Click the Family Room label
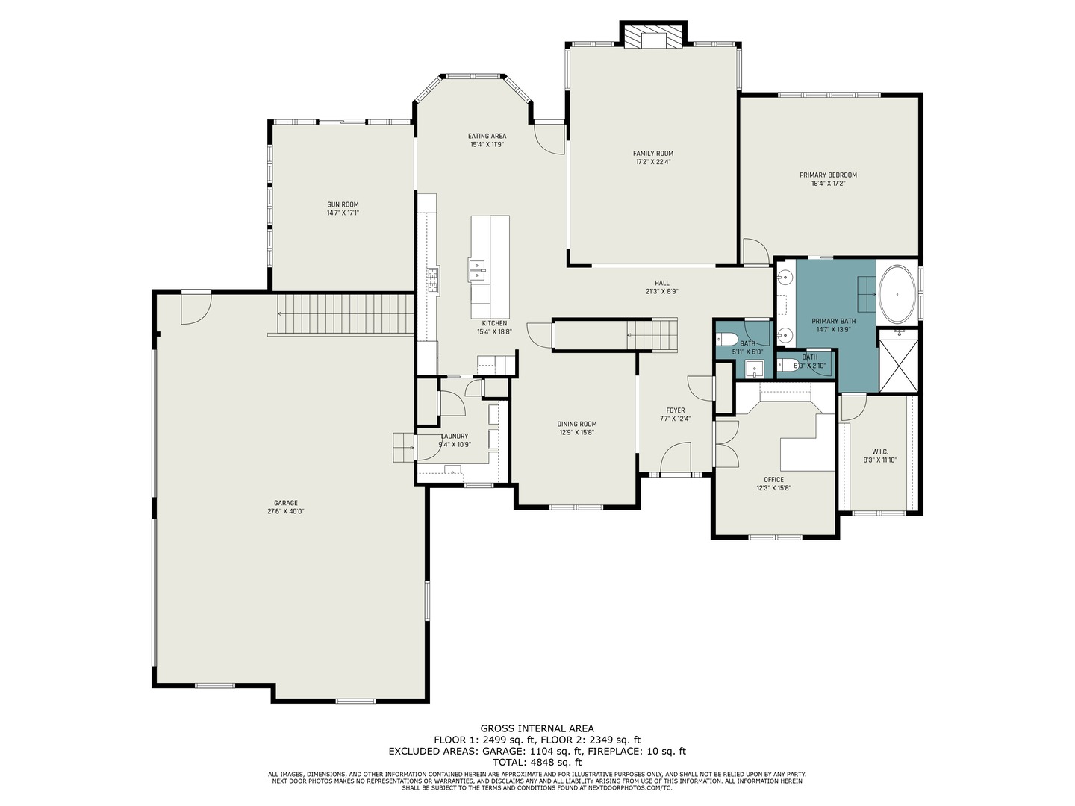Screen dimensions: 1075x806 click(652, 153)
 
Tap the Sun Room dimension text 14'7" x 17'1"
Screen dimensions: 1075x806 click(343, 213)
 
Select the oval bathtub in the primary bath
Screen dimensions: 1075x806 click(897, 293)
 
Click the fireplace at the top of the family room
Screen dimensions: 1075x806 click(653, 35)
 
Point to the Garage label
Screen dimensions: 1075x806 click(285, 502)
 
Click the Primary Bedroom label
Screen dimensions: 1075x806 click(828, 175)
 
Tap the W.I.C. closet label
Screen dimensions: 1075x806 click(880, 452)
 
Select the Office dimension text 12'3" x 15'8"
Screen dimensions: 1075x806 click(774, 488)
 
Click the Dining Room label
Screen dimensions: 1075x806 click(577, 424)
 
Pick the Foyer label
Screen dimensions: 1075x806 click(676, 410)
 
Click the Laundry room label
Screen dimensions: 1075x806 click(455, 436)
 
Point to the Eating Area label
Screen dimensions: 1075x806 click(487, 136)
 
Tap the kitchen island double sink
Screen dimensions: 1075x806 click(476, 271)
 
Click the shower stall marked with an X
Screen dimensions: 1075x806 click(899, 361)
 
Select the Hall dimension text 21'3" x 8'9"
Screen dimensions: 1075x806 click(661, 291)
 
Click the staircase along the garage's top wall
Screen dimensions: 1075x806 click(346, 313)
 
